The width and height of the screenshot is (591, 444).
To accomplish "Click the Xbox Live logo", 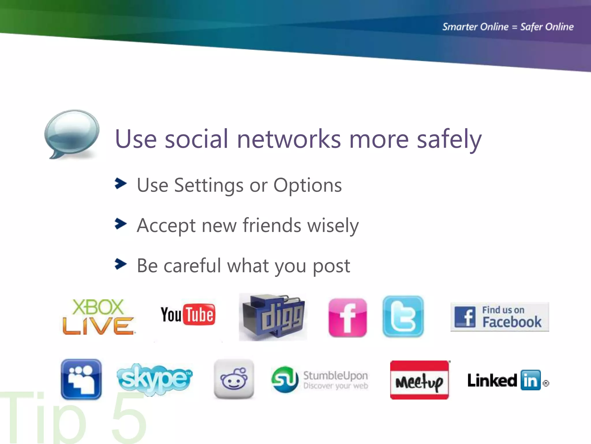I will (98, 317).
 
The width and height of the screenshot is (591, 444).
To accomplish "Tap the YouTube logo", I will (188, 314).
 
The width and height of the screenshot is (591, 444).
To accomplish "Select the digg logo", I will (273, 317).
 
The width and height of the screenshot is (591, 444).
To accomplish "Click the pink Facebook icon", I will (347, 318).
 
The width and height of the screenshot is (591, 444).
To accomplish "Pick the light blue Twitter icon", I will (403, 317).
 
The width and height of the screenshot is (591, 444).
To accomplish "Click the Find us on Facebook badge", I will (500, 317).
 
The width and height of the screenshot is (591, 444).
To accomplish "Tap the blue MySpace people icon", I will (81, 379).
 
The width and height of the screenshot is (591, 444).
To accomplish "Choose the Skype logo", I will (155, 379).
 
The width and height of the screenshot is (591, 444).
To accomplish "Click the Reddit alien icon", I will (234, 379).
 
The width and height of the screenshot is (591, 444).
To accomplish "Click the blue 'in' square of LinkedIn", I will (530, 380).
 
